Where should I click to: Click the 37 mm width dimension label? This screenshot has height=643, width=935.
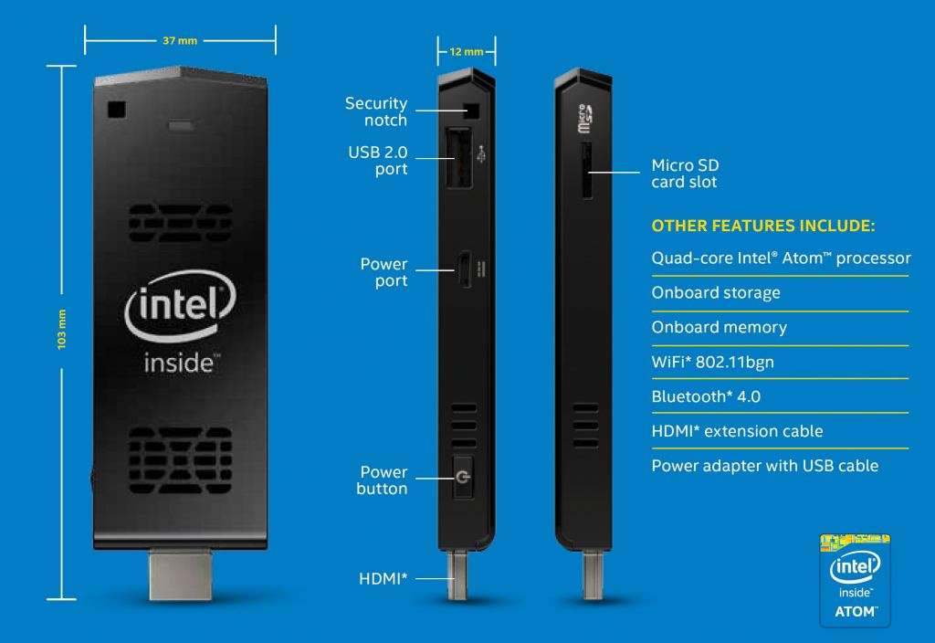pos(180,40)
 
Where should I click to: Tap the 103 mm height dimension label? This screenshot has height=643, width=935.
pos(61,329)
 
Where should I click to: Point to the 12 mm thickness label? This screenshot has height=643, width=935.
pos(467,52)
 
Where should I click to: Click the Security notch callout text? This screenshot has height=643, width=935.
pos(376,111)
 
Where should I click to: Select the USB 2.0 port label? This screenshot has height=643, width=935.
pos(378,161)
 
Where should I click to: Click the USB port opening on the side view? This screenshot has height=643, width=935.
pos(457,157)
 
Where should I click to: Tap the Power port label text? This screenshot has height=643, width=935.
pos(383,272)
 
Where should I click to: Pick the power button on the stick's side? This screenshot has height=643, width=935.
pos(462,478)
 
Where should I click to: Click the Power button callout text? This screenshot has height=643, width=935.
pos(383,480)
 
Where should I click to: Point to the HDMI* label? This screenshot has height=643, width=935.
pos(383,578)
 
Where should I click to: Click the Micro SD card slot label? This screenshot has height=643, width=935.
pos(685,174)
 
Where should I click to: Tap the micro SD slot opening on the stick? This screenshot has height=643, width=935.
pos(587,170)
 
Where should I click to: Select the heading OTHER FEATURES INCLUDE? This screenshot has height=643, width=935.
pos(763,226)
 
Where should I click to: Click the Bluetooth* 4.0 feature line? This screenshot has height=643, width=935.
pos(706,396)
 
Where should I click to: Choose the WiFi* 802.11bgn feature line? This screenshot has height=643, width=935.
pos(712,362)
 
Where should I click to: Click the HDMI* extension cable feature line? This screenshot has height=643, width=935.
pos(737,431)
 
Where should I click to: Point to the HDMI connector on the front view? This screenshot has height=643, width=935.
pos(181,574)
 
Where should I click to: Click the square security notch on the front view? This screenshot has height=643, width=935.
pos(116,110)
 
